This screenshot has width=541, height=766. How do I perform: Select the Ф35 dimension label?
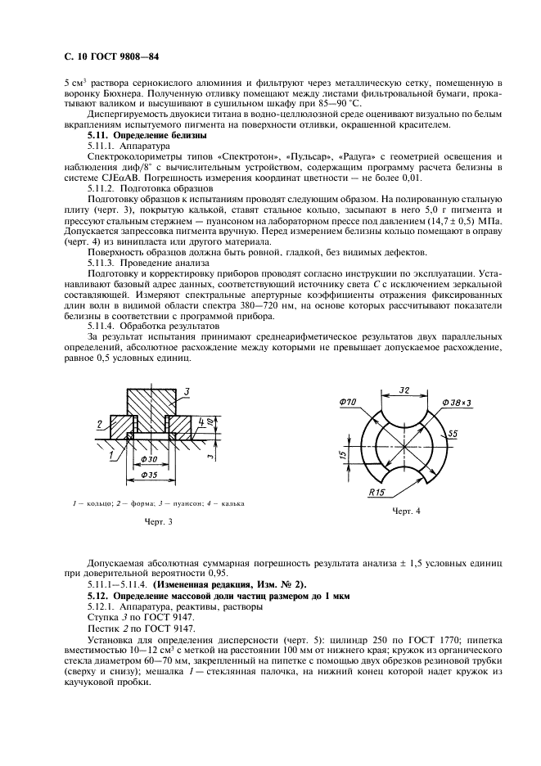pyautogui.click(x=148, y=475)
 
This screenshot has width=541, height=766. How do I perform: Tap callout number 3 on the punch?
pyautogui.click(x=187, y=394)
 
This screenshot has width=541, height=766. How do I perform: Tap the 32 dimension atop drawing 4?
pyautogui.click(x=404, y=391)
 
